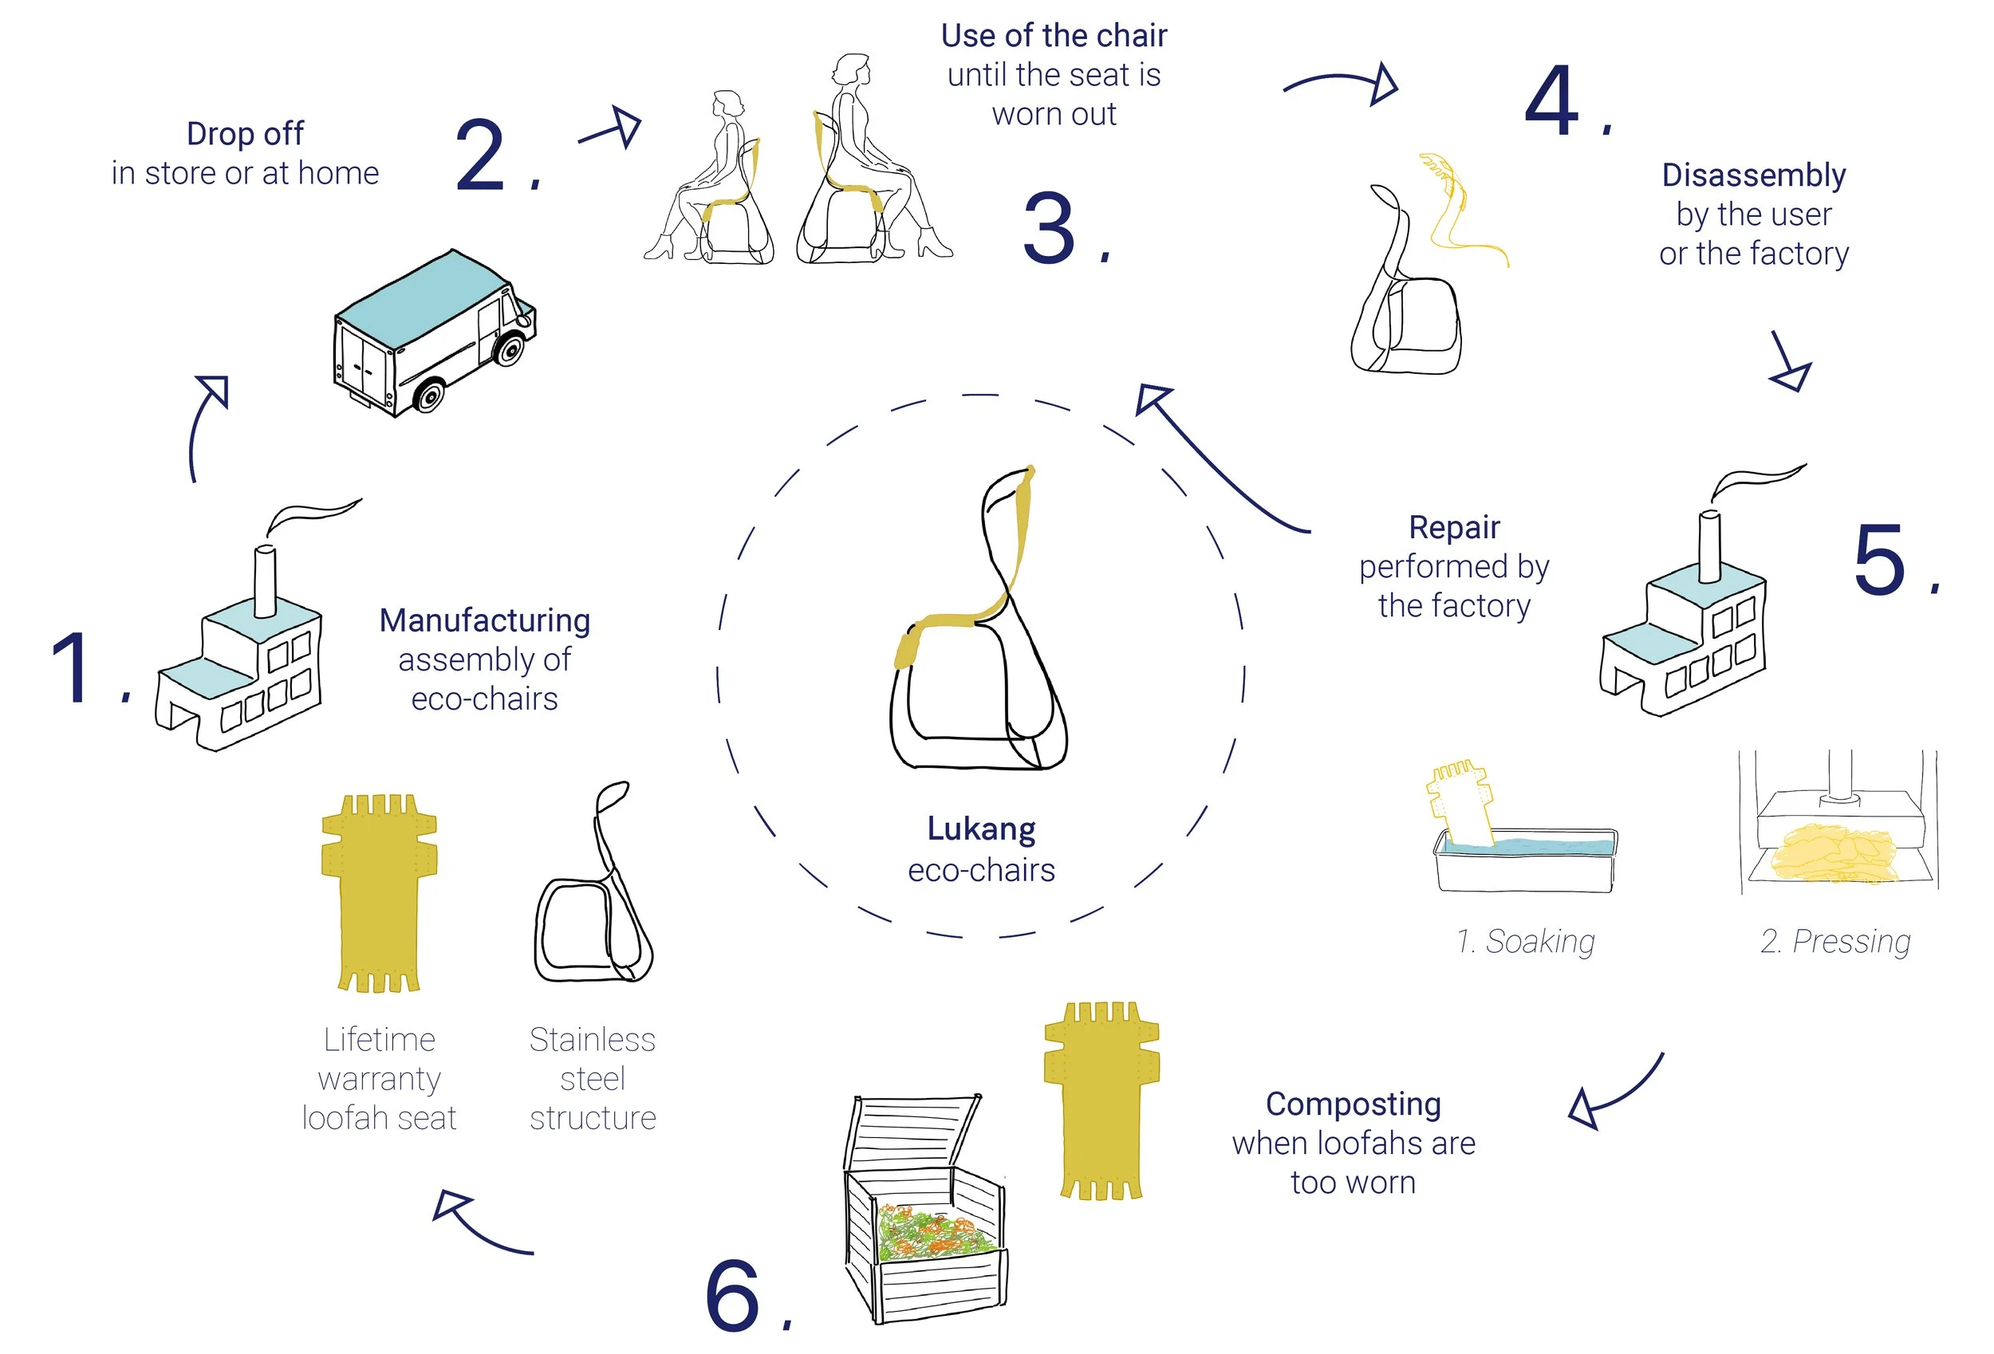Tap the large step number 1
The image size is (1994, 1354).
72,668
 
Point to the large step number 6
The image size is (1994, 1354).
733,1297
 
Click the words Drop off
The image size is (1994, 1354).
245,134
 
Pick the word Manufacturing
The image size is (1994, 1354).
485,620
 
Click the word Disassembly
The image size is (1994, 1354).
1754,175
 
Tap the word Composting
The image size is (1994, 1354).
1353,1104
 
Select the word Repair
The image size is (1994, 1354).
1454,527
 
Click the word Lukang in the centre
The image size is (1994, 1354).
982,829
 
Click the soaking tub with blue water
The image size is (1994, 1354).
1525,858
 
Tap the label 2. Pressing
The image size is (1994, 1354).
1835,941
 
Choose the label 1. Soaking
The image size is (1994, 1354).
1526,941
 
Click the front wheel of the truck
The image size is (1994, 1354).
509,349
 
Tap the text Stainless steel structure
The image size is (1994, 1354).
592,1079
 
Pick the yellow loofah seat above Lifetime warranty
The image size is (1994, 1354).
379,892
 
